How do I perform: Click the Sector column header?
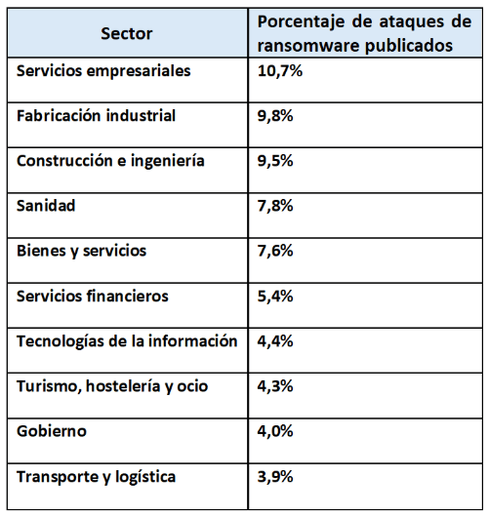coord(127,33)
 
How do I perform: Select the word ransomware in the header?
coord(308,46)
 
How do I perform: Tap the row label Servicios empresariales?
coord(103,71)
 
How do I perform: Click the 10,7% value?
coord(279,71)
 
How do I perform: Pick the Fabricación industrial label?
coord(97,116)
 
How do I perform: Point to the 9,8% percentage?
coord(275,116)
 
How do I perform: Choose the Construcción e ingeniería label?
coord(110,161)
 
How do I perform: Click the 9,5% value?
coord(275,161)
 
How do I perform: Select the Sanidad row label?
coord(46,206)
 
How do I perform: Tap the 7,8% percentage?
coord(275,206)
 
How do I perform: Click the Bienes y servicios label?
coord(82,251)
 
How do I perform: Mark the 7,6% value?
coord(275,251)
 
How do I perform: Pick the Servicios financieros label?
coord(93,297)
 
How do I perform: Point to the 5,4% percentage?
coord(275,297)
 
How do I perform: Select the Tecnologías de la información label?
coord(127,341)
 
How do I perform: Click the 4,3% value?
coord(275,386)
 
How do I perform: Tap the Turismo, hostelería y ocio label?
coord(112,386)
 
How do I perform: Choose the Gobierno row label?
coord(52,431)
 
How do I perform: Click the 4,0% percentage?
coord(275,431)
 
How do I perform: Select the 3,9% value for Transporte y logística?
coord(275,477)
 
